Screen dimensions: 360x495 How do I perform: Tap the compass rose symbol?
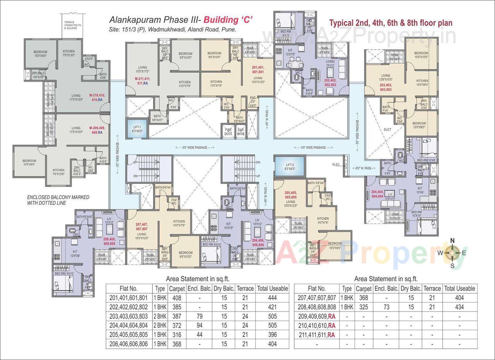pos(452,253)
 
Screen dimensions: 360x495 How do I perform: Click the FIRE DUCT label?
pos(229,131)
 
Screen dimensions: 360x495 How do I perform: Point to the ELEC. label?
pos(336,165)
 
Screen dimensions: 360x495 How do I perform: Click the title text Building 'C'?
pos(228,19)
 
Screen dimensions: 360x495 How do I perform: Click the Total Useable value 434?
pos(459,307)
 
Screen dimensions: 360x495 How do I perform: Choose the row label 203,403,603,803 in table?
pos(129,316)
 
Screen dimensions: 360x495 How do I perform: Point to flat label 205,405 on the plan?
pos(290,194)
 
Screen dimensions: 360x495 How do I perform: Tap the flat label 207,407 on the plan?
pos(142,226)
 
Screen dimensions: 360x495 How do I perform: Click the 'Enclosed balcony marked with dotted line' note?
pos(58,200)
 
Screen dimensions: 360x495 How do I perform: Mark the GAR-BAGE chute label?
pos(241,131)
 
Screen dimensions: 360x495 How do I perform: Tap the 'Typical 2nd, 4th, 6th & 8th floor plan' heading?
pos(391,23)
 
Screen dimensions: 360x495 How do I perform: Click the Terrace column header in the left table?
pos(245,288)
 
